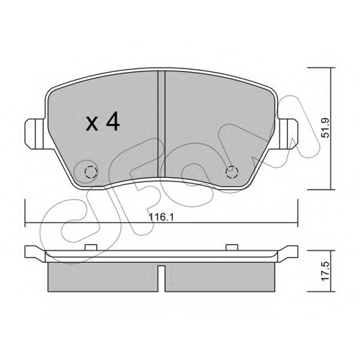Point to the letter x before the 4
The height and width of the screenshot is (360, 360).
coord(92,124)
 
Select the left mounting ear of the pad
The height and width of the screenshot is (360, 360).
coord(35,134)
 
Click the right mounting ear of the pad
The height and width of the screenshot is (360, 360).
coord(287,134)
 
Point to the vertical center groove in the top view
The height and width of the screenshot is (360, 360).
coord(161,125)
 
